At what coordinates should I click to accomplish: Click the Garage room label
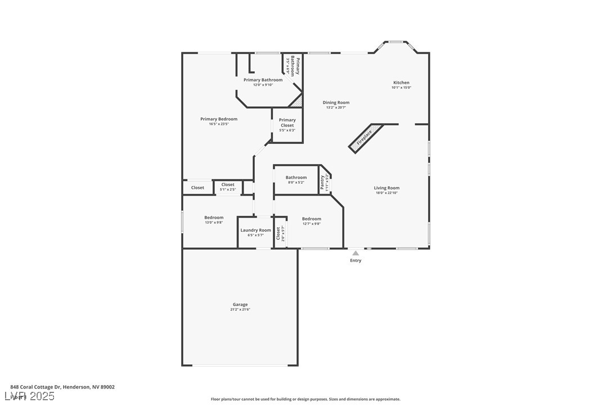pyautogui.click(x=240, y=305)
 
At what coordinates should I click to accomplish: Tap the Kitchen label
pyautogui.click(x=401, y=83)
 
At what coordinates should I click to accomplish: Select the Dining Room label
pyautogui.click(x=336, y=102)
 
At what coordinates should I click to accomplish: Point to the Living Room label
pyautogui.click(x=387, y=188)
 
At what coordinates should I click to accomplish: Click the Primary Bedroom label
pyautogui.click(x=219, y=119)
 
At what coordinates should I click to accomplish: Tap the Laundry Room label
pyautogui.click(x=256, y=230)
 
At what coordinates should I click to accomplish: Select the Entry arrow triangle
pyautogui.click(x=356, y=253)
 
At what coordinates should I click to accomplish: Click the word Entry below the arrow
pyautogui.click(x=356, y=260)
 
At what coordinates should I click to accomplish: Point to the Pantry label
pyautogui.click(x=322, y=182)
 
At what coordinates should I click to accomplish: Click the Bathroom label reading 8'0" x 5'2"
pyautogui.click(x=296, y=178)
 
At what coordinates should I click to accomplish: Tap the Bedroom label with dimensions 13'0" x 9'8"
pyautogui.click(x=214, y=218)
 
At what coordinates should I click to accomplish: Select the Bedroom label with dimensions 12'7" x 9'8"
pyautogui.click(x=311, y=219)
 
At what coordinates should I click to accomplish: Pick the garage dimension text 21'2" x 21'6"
pyautogui.click(x=240, y=310)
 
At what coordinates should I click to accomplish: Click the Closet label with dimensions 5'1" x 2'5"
pyautogui.click(x=228, y=184)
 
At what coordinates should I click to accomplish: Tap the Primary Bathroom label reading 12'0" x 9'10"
pyautogui.click(x=263, y=80)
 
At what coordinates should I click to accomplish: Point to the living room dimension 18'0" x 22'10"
pyautogui.click(x=387, y=193)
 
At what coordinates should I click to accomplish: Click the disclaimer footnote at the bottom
pyautogui.click(x=305, y=399)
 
